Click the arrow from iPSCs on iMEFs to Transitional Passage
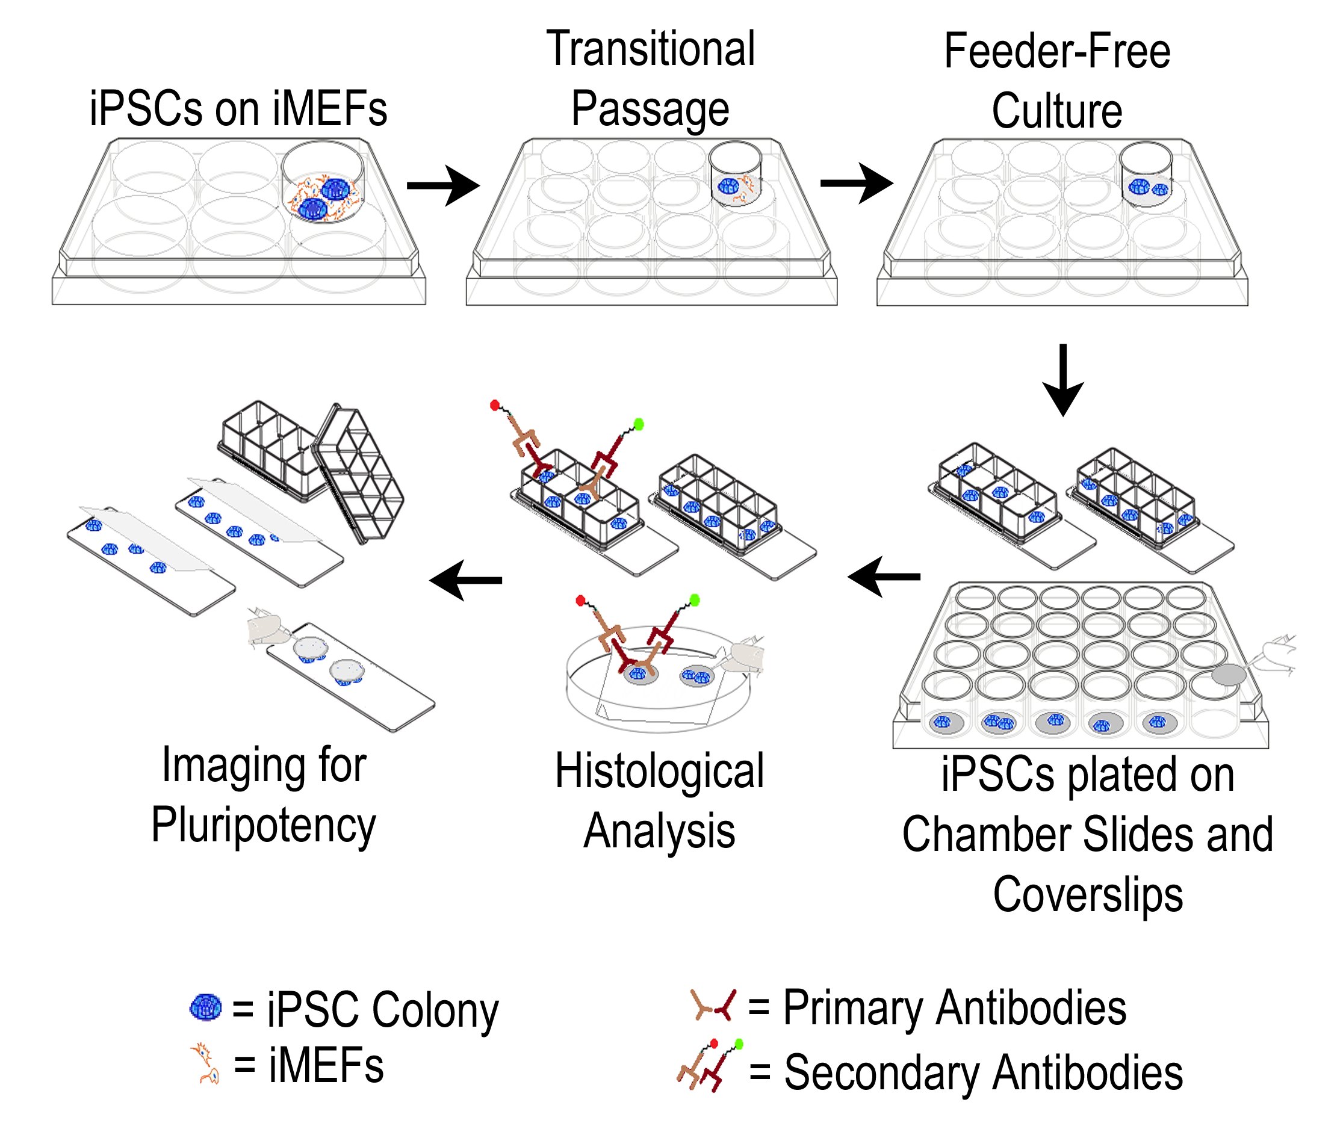(443, 185)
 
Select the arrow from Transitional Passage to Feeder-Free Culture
(857, 184)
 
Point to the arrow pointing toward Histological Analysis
(883, 577)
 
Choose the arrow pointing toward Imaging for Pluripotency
(465, 581)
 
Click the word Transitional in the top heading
(651, 49)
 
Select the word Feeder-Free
(1057, 52)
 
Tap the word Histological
(659, 772)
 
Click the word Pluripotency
(264, 826)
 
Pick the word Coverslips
(1088, 895)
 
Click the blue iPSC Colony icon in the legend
(205, 1007)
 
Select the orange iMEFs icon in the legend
(205, 1064)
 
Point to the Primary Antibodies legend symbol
(713, 1006)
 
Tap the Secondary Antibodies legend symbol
(709, 1066)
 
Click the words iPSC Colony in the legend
(382, 1010)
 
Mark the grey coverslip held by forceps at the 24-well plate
(1229, 675)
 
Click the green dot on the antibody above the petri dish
(695, 599)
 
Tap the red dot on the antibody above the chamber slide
(495, 404)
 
